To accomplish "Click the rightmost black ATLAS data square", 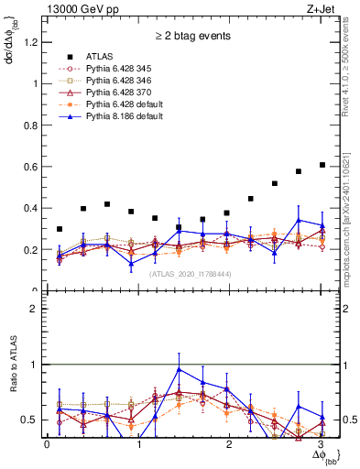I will [322, 165].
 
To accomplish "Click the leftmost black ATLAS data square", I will [60, 229].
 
